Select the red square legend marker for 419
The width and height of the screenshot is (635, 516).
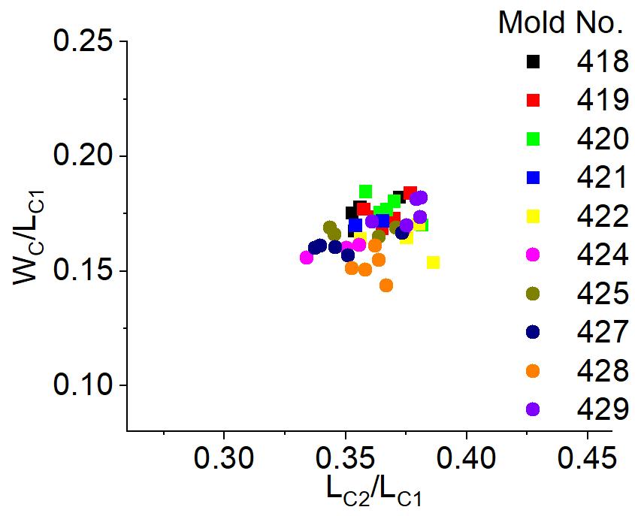tap(534, 100)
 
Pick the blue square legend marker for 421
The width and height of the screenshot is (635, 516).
tap(534, 178)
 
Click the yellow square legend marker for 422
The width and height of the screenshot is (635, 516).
tap(534, 216)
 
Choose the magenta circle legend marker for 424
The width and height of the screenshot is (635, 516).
tap(534, 255)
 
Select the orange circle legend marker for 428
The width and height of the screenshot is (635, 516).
tap(534, 371)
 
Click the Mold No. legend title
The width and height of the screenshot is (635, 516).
tap(561, 23)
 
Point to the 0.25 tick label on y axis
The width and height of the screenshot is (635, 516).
tap(84, 42)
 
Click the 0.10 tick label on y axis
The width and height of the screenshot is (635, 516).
tap(84, 385)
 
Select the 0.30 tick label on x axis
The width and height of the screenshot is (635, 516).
tap(223, 458)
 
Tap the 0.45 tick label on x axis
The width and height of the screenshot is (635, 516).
tap(588, 458)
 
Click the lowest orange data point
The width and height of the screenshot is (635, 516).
tap(386, 285)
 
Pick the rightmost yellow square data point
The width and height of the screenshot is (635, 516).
tap(433, 262)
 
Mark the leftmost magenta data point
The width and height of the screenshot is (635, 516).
tap(306, 258)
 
